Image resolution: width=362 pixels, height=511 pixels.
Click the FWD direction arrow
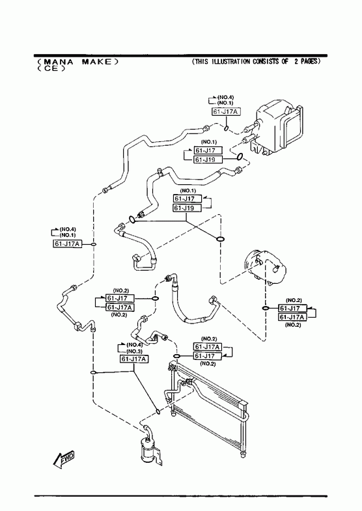coord(64,460)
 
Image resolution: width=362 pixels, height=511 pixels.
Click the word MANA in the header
coord(59,62)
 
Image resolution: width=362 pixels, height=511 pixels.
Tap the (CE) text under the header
coord(51,69)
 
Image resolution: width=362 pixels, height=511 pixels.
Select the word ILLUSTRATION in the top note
coord(230,61)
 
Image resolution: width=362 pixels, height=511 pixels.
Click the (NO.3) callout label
coord(134,352)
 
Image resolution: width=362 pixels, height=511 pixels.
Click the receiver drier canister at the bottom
coord(146,450)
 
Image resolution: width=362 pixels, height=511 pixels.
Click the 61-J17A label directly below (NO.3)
coord(134,359)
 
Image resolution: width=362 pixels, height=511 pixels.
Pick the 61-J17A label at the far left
coord(67,243)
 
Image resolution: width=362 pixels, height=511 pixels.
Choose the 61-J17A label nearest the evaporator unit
coord(226,112)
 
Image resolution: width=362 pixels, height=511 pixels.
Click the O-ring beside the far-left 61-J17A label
coord(94,244)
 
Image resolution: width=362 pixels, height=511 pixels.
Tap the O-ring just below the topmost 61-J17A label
coord(227,128)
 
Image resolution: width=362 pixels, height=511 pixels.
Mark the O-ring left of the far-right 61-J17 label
coord(266,308)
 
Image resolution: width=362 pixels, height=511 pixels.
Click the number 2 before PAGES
coord(296,61)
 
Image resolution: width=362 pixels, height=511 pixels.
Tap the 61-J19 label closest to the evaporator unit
coord(208,159)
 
